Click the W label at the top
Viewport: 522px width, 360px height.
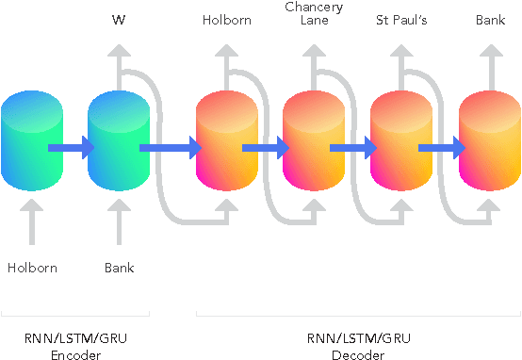click(119, 19)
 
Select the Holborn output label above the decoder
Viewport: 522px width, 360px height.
click(226, 19)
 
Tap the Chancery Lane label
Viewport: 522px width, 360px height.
click(313, 13)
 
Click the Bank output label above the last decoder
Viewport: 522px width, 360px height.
click(491, 19)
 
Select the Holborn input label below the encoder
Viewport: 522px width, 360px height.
click(32, 268)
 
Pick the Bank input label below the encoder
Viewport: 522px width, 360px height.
click(119, 268)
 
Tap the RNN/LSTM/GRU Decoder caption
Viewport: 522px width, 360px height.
click(358, 346)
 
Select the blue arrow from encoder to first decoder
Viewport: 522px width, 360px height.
click(171, 147)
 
